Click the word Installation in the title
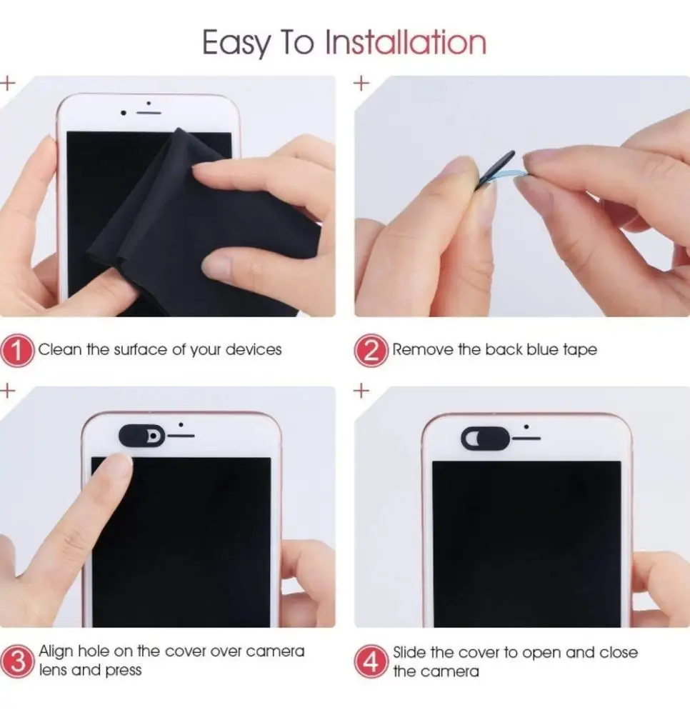[406, 42]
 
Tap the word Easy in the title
[236, 44]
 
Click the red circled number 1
[17, 350]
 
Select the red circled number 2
[371, 350]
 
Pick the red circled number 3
[17, 661]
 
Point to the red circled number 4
[371, 661]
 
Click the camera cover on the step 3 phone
[142, 436]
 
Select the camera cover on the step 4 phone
[485, 438]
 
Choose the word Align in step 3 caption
[56, 652]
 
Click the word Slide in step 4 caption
[409, 653]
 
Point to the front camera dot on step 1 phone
[123, 113]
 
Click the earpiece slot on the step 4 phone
[526, 439]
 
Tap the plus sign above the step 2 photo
[361, 84]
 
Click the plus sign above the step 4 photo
[361, 391]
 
